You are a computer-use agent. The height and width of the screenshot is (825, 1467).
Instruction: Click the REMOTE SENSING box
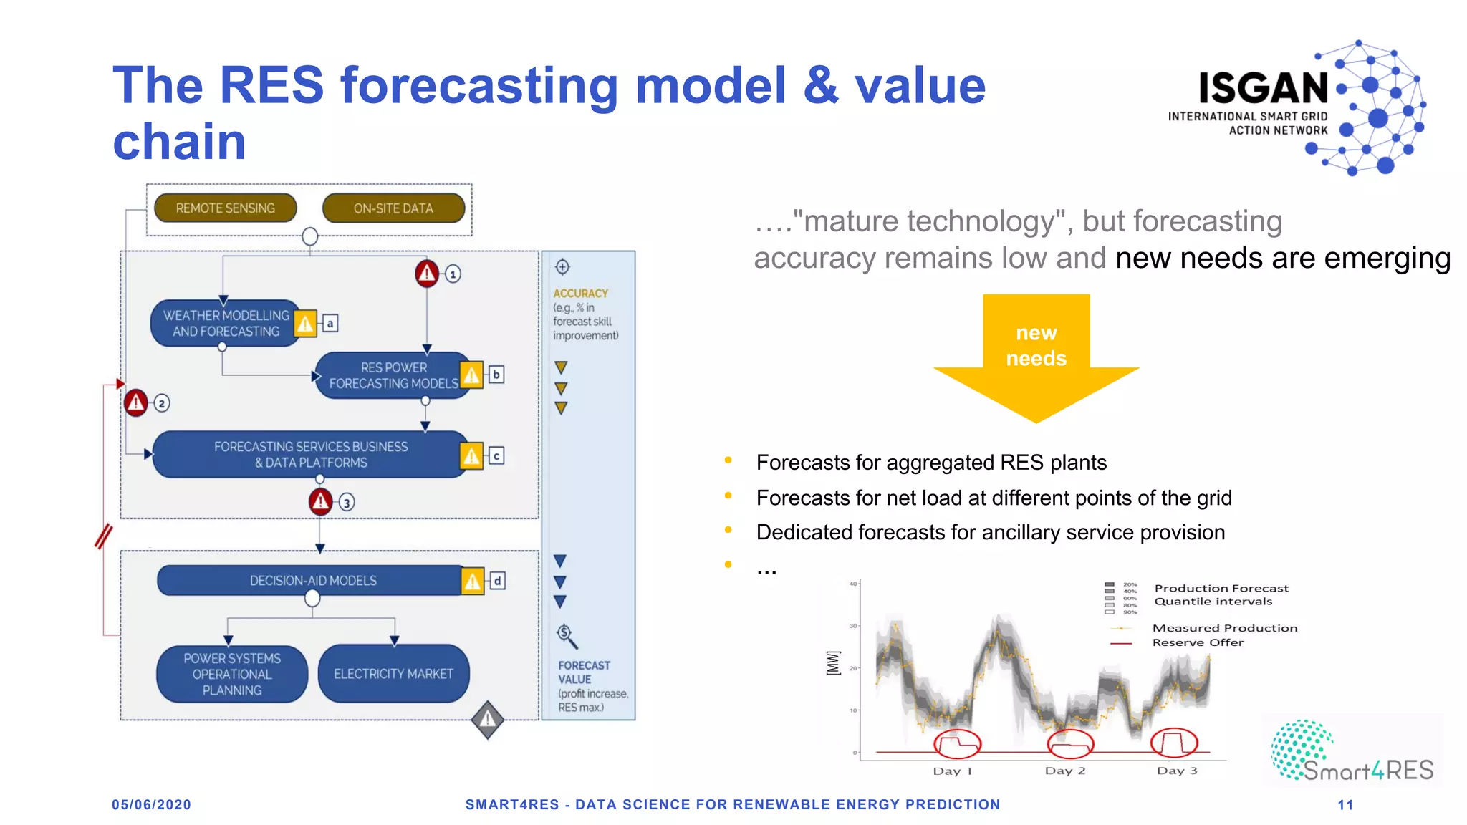click(x=225, y=208)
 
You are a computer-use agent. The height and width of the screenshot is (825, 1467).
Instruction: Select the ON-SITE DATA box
click(x=393, y=208)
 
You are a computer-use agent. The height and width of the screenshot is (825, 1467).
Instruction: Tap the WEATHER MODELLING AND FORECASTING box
click(x=225, y=323)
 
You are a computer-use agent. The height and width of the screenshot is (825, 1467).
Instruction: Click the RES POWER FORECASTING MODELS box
click(x=393, y=375)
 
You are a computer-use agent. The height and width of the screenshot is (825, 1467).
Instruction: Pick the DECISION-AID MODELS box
click(x=312, y=580)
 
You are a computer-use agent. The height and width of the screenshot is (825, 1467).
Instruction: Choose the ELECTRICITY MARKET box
click(x=393, y=673)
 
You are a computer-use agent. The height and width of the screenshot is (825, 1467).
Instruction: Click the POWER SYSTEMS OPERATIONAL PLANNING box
click(x=232, y=673)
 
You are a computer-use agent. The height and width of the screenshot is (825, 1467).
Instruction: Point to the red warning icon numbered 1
click(x=427, y=273)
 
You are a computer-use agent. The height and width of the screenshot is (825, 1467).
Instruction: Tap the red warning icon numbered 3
click(x=320, y=502)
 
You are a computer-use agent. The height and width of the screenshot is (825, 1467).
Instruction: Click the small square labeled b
click(x=496, y=375)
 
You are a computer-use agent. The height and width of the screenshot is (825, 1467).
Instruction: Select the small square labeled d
click(x=497, y=581)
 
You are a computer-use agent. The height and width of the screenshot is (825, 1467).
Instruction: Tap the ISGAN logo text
click(x=1264, y=88)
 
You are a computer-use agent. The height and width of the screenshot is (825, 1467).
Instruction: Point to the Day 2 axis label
click(x=1064, y=771)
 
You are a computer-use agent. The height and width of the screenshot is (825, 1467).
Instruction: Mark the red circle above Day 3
click(x=1174, y=743)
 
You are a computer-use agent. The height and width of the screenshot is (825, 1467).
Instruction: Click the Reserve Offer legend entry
click(x=1198, y=642)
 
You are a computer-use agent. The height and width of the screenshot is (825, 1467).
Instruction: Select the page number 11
click(x=1345, y=805)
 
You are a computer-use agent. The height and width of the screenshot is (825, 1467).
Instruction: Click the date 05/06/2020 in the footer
click(x=151, y=805)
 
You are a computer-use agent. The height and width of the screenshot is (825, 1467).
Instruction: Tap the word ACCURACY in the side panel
click(x=580, y=294)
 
